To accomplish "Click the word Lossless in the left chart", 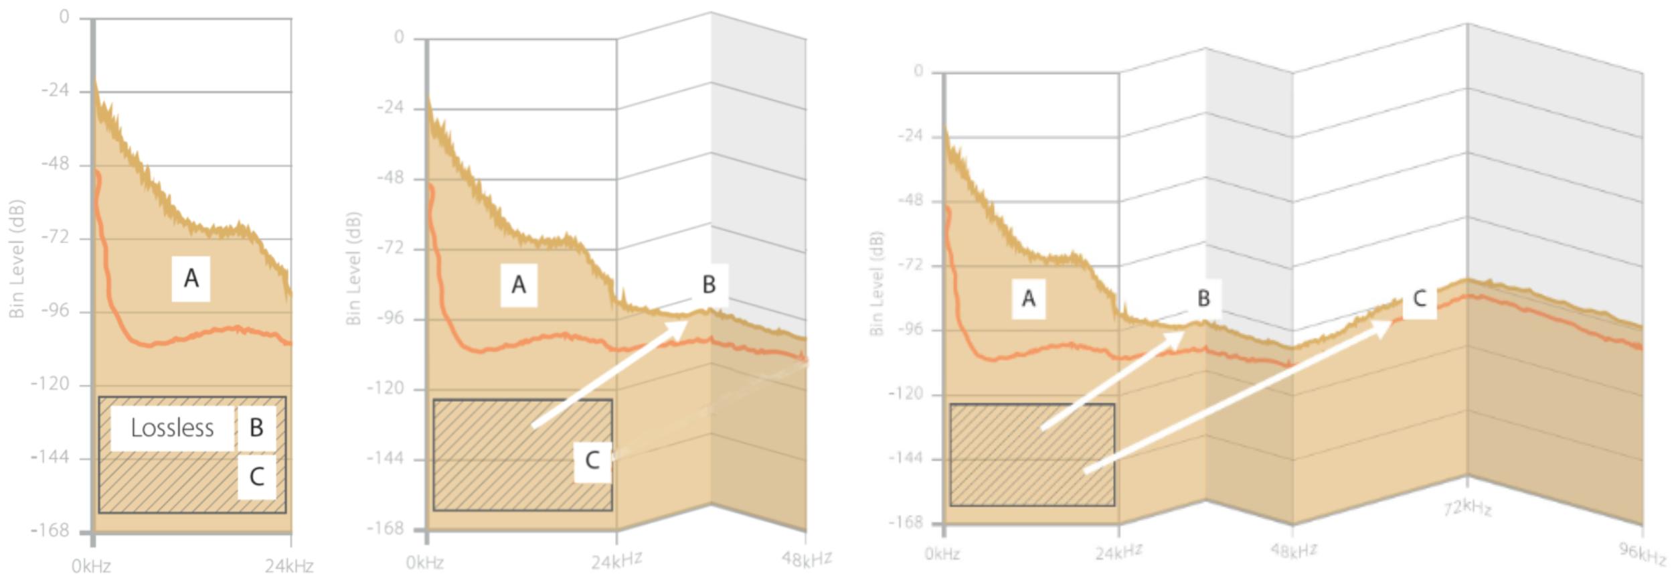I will coord(172,428).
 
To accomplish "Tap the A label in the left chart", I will coord(191,278).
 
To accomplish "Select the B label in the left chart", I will coord(256,428).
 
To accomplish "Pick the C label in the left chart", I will coord(256,477).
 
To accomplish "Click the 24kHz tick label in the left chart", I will coord(288,567).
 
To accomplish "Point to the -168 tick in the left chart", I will coord(50,530).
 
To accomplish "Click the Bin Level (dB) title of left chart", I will coord(17,259).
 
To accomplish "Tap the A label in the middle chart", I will coord(519,285).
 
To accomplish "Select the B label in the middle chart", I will coord(709,285).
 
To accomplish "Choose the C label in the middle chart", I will coord(592,461).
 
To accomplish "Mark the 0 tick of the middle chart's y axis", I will coord(399,38).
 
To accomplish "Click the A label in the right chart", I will coord(1029,299).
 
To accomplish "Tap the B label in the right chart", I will coord(1203,299).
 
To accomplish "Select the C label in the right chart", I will coord(1419,299).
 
